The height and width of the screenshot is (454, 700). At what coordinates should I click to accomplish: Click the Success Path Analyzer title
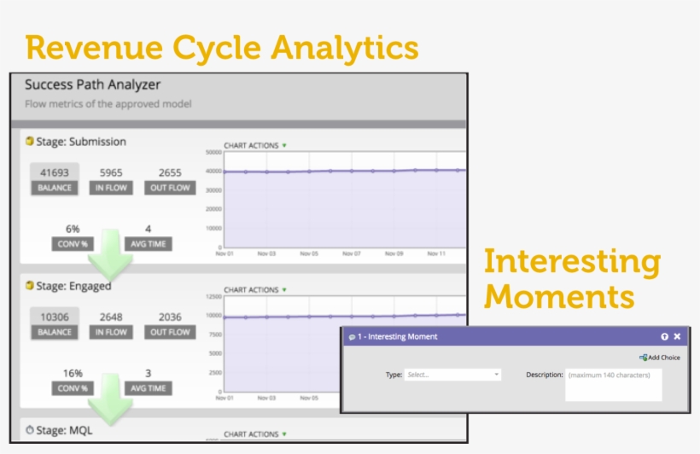point(92,85)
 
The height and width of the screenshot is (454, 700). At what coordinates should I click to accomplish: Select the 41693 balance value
point(55,172)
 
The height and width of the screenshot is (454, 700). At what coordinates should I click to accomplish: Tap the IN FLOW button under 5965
point(111,188)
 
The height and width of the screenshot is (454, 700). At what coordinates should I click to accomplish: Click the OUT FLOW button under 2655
point(170,188)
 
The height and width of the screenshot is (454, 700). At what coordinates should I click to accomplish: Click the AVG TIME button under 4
point(148,244)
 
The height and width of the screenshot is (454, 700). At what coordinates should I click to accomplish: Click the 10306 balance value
point(55,317)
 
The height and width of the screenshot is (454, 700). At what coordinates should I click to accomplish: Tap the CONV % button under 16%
point(72,388)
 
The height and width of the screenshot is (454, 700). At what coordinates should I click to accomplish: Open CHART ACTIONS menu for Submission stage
point(255,146)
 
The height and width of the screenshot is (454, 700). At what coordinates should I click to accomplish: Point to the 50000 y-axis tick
point(212,153)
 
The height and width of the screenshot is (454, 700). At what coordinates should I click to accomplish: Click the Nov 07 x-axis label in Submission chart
point(352,253)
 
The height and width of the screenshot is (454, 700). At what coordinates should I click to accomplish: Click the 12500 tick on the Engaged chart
point(212,296)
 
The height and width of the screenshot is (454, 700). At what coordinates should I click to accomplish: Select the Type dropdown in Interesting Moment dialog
point(452,375)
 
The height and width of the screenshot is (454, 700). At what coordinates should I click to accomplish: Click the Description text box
point(614,385)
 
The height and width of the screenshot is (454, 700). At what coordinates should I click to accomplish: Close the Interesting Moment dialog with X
point(677,337)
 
